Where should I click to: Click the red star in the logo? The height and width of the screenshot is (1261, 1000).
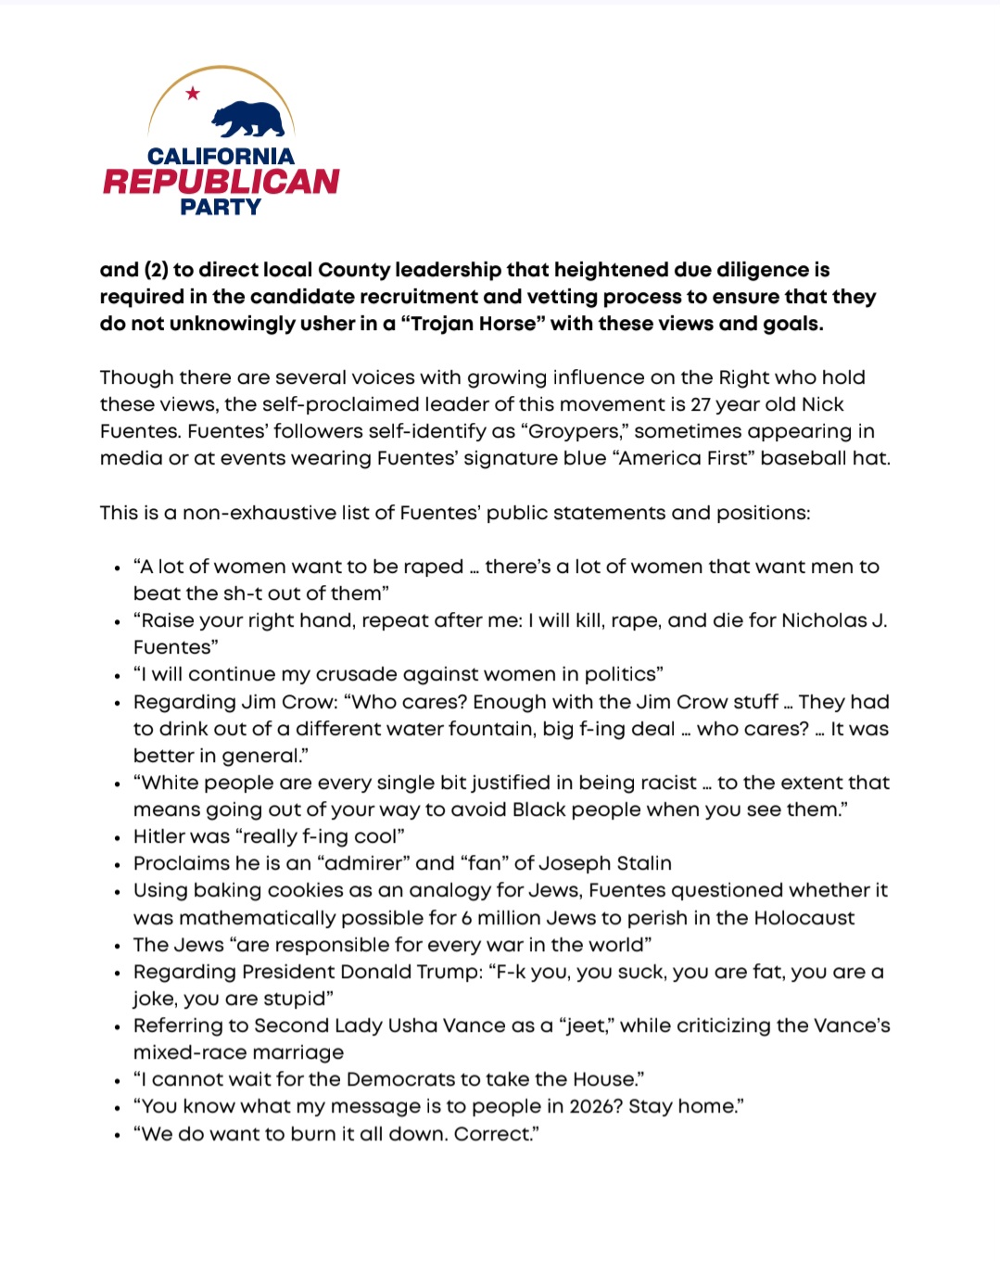[193, 93]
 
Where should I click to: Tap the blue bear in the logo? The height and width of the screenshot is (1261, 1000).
[247, 120]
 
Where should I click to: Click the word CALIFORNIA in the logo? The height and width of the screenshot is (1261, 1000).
[221, 156]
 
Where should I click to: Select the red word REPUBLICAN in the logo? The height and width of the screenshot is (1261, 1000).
[221, 181]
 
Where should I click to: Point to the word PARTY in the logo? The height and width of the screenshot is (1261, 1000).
[221, 207]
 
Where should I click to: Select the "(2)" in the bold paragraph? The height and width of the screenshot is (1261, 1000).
[156, 270]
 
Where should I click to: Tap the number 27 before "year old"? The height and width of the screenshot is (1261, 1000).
[702, 404]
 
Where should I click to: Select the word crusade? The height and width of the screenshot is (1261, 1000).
[357, 674]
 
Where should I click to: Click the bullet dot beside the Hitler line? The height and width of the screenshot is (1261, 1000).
[118, 838]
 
